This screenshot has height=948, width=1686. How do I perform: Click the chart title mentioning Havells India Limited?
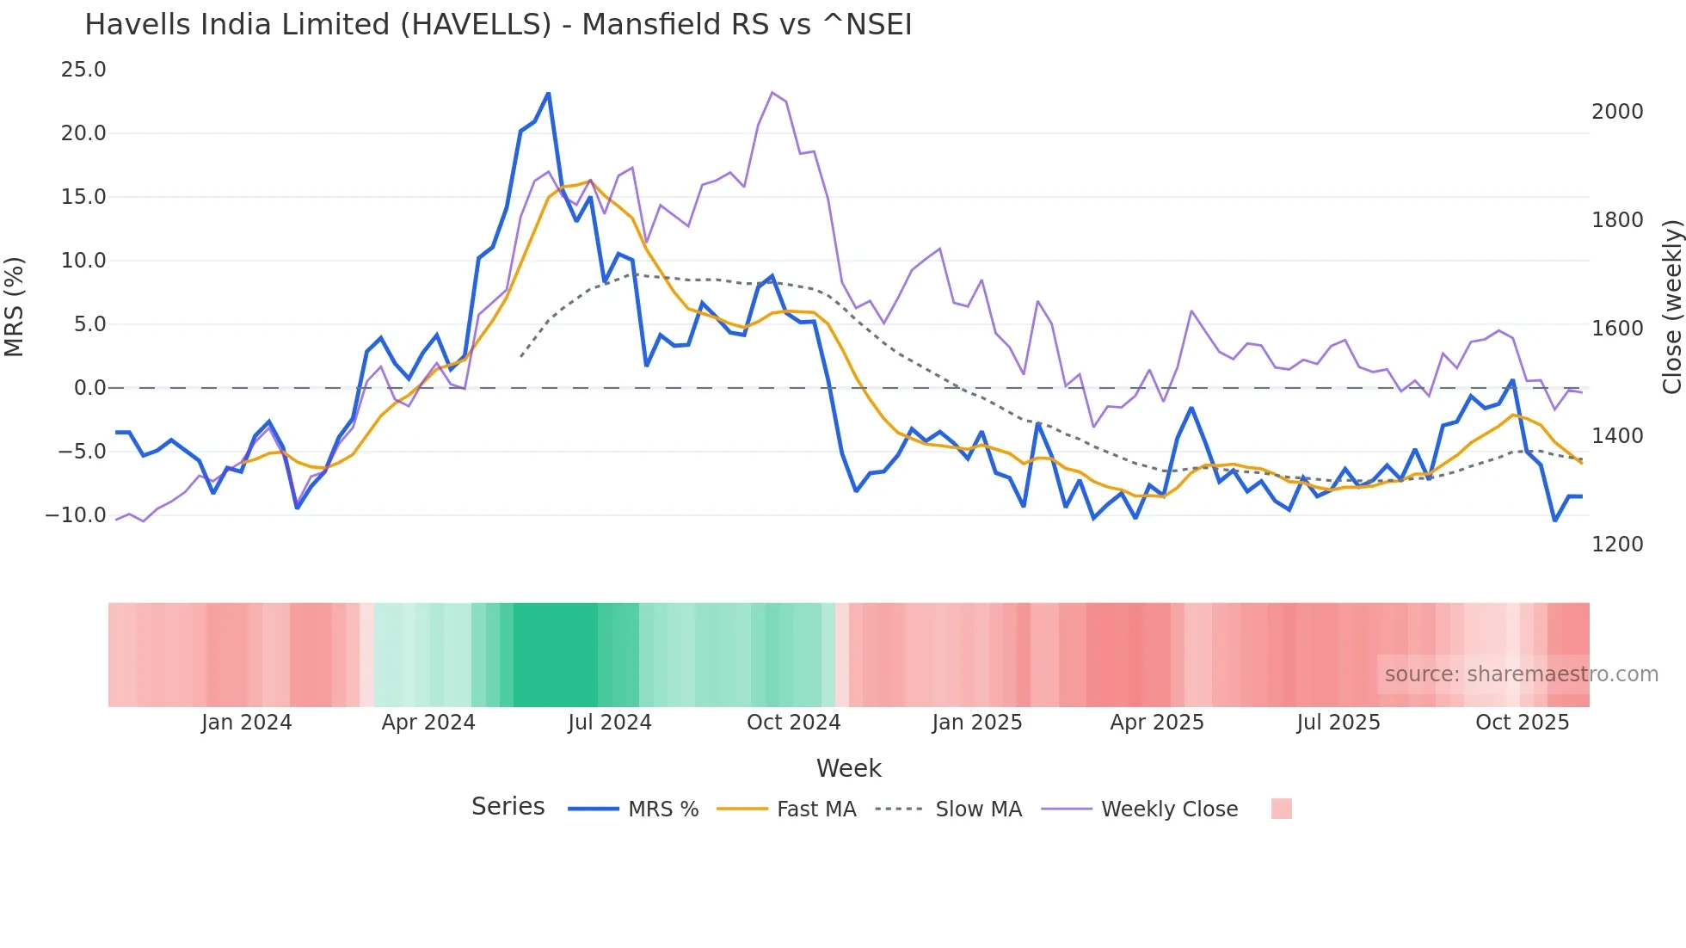(498, 25)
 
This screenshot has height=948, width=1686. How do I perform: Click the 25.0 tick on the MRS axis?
(83, 70)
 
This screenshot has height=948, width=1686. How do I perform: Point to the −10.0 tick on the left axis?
(76, 515)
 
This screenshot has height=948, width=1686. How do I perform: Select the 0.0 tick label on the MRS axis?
(89, 388)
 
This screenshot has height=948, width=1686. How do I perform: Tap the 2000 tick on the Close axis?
(1616, 112)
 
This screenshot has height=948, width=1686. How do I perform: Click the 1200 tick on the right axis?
(1616, 545)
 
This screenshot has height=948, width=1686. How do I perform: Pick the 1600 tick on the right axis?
(1616, 329)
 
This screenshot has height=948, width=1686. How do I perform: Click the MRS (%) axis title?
(15, 307)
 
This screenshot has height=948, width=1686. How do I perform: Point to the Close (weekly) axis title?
(1671, 307)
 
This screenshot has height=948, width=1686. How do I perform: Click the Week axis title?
(848, 768)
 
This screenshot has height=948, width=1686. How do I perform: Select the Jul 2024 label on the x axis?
(609, 723)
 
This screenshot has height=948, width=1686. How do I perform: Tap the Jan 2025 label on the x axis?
(976, 723)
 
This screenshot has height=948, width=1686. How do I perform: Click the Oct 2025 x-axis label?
(1522, 723)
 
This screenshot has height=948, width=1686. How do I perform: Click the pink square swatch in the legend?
(1281, 809)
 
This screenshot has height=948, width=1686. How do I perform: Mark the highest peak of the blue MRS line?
(549, 94)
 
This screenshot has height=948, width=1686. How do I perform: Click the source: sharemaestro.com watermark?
(1521, 674)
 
